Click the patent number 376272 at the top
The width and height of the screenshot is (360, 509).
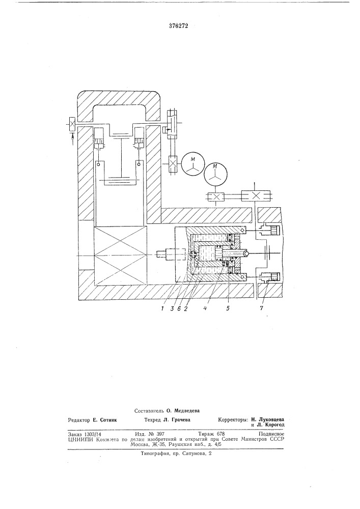coord(179,26)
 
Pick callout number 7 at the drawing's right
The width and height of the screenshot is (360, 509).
coord(262,308)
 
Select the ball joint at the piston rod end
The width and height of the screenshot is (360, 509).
coord(247,253)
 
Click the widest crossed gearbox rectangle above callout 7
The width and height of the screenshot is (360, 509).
coord(256,196)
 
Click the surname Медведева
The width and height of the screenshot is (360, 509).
coord(187,410)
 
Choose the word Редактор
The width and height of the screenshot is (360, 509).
coord(79,420)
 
